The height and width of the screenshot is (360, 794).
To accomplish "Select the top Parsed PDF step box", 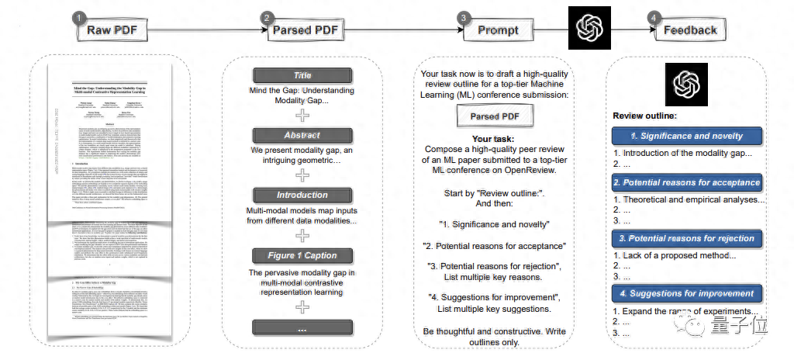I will [303, 31].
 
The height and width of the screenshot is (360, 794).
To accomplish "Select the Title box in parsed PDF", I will [302, 75].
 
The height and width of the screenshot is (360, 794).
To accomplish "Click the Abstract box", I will [302, 135].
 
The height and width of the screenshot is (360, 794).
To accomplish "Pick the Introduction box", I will [302, 195].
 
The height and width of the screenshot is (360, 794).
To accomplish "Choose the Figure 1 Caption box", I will [302, 255].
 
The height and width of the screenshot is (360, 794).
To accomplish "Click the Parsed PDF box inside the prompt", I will [494, 116].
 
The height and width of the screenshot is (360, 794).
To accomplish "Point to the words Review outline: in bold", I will [644, 116].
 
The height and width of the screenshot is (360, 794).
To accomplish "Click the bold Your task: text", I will [494, 139].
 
